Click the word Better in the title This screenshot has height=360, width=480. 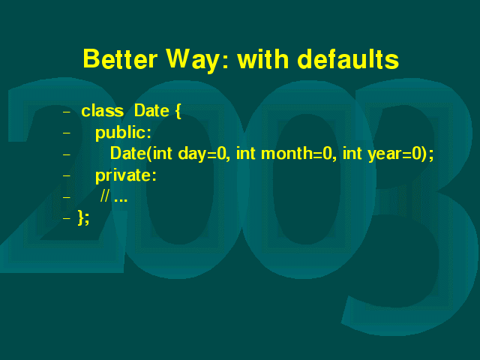click(120, 58)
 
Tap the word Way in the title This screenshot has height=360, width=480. click(193, 60)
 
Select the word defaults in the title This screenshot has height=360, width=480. click(348, 58)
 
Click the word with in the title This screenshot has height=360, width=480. click(263, 58)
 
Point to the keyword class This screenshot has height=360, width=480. click(103, 111)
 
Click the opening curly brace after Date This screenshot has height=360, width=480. click(178, 111)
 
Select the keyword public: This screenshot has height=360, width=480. click(123, 133)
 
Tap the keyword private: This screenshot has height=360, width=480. click(126, 175)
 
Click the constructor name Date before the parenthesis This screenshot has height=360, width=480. click(128, 153)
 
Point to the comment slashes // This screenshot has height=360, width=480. click(104, 196)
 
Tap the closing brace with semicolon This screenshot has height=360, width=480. click(83, 217)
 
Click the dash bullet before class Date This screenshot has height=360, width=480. click(67, 112)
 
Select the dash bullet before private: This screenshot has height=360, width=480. click(67, 176)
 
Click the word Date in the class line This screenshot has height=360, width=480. click(151, 111)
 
